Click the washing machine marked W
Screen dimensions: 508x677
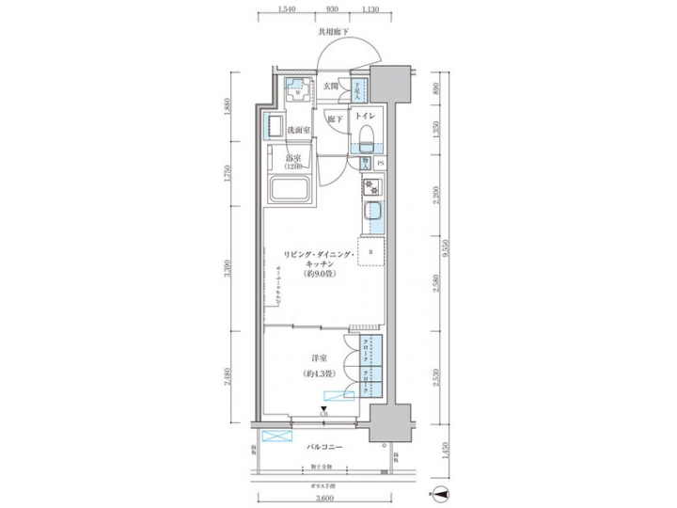pos(298,93)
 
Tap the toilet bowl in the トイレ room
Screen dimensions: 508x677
pos(366,132)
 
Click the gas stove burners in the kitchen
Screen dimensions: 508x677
pos(371,188)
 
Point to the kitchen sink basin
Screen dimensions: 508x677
pos(371,218)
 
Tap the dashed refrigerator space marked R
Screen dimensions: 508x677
pos(373,253)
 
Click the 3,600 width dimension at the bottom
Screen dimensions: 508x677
pos(325,499)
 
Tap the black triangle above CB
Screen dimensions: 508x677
pos(323,406)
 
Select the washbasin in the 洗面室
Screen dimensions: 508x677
pos(276,125)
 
